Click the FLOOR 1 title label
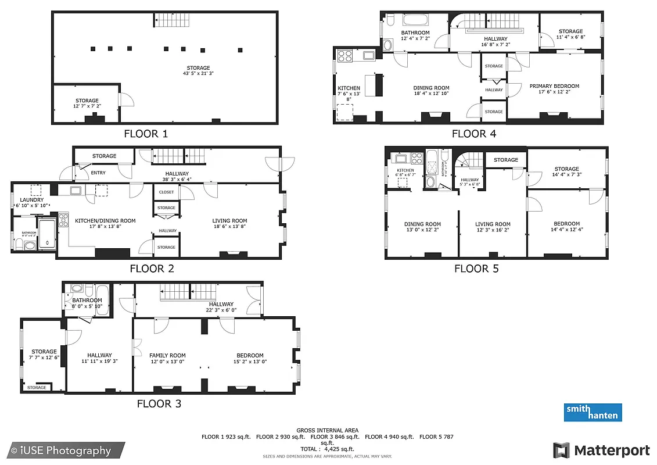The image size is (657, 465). (x=146, y=134)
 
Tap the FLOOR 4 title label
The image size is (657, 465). (x=474, y=134)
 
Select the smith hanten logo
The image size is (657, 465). (x=593, y=412)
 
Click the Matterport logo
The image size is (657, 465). (x=601, y=450)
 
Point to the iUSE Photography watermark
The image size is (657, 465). (x=62, y=450)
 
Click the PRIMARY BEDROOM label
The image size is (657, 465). (x=554, y=86)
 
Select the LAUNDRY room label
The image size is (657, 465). (x=31, y=200)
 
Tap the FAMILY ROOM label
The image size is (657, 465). (x=167, y=356)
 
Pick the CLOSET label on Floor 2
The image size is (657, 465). (x=166, y=192)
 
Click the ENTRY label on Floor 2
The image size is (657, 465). (x=98, y=173)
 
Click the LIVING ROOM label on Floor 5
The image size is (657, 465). (x=493, y=224)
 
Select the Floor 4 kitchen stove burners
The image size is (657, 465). (x=345, y=56)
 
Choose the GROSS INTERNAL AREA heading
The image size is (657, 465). (x=327, y=430)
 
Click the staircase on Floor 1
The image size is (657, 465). (x=172, y=20)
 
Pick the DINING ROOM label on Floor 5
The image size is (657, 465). (x=422, y=224)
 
